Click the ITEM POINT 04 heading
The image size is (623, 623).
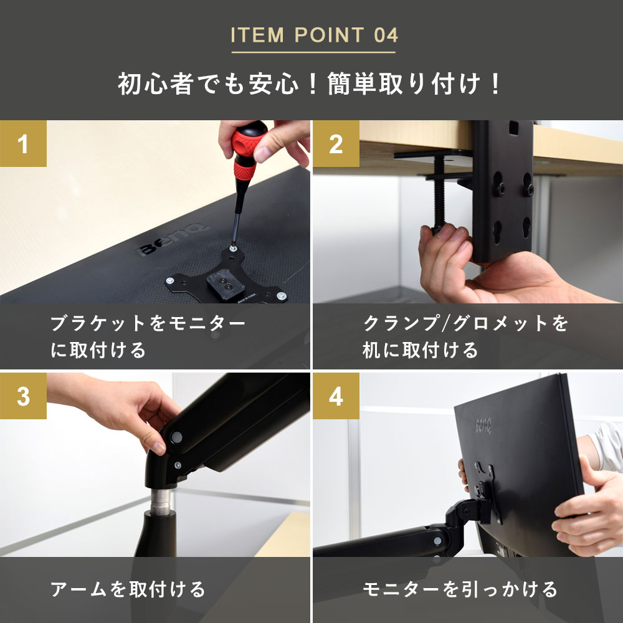(314, 35)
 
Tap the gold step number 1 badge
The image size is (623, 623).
(23, 143)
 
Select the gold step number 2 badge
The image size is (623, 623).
(336, 143)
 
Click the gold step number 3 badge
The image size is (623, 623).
(23, 396)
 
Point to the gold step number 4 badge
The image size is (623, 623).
(336, 396)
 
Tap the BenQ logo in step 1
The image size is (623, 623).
(172, 239)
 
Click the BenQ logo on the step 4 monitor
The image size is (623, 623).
(483, 426)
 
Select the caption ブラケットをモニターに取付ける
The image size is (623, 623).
(148, 336)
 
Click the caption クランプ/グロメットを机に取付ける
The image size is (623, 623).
(465, 336)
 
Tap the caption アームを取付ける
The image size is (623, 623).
(128, 589)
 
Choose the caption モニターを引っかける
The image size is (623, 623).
(460, 589)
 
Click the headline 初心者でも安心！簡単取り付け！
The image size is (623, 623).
(309, 84)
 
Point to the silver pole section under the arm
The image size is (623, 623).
(161, 501)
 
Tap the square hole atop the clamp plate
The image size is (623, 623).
(513, 128)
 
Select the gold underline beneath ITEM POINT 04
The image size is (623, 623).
(313, 52)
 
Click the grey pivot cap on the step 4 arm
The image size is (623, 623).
(437, 541)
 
